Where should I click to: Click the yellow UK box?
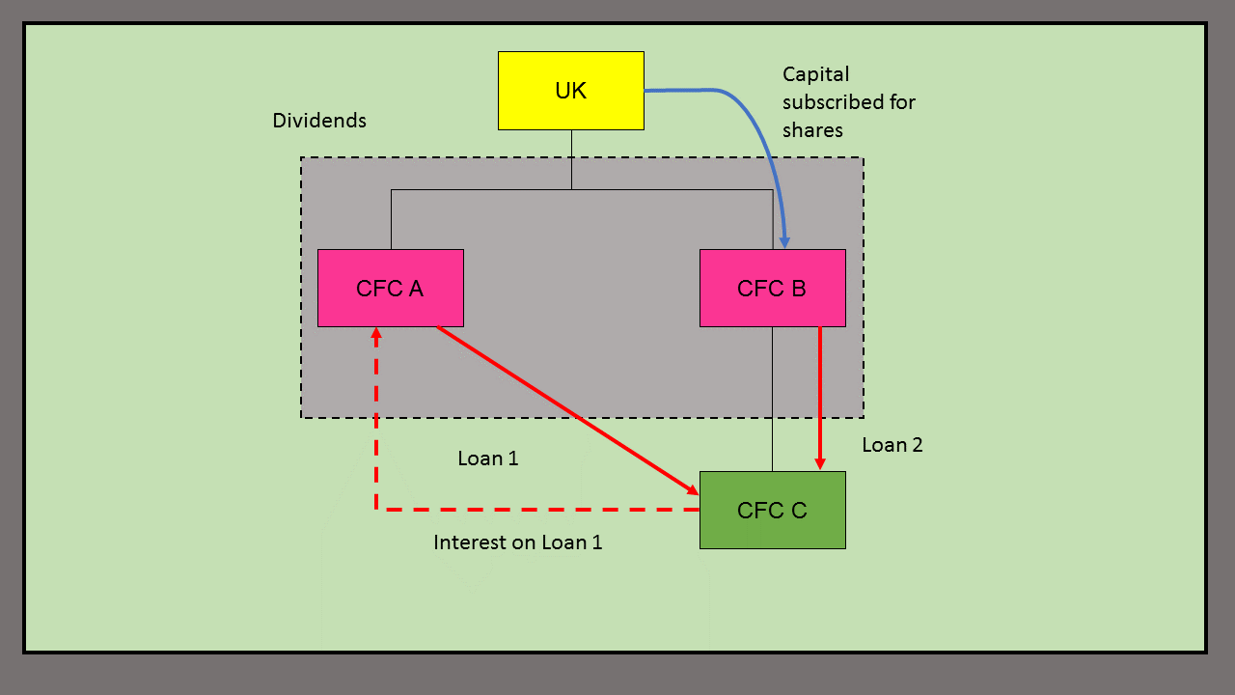coord(571,91)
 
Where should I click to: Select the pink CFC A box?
coord(391,289)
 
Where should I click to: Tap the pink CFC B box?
coord(772,289)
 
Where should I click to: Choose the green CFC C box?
coord(772,511)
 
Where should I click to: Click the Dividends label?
coord(319,121)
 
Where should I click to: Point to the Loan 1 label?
coord(488,459)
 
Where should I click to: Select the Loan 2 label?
coord(892,445)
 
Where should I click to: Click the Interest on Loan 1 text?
coord(518,542)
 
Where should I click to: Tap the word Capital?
coord(816,74)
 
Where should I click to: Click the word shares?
coord(813,130)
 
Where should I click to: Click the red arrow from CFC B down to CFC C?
coord(820,396)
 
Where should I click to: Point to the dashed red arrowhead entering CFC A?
coord(375,334)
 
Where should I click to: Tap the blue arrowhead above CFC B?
coord(785,241)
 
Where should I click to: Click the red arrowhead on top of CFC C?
coord(820,464)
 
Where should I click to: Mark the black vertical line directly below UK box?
coord(571,159)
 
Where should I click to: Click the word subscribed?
coord(849,102)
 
